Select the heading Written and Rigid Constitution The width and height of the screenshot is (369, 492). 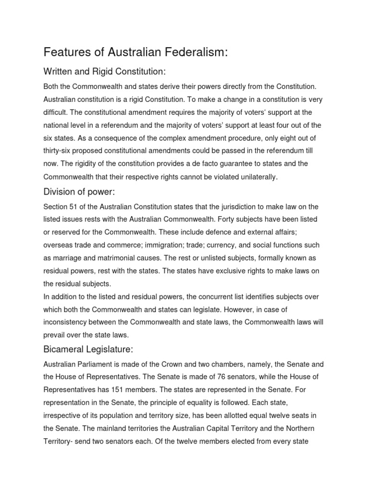point(104,72)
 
